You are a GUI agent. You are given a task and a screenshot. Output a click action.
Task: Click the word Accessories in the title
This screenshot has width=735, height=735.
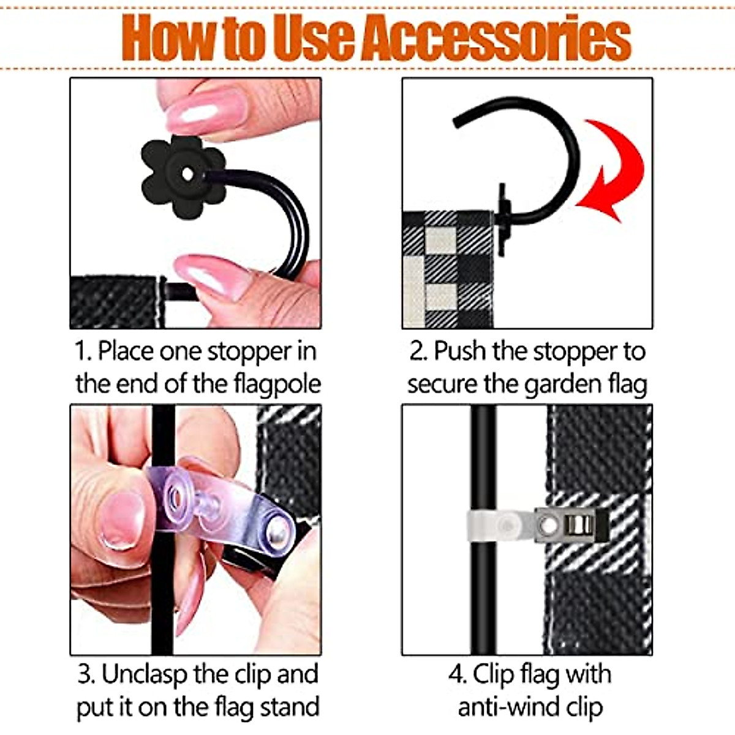click(x=496, y=38)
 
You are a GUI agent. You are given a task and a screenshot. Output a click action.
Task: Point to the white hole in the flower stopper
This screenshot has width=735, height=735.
click(x=187, y=175)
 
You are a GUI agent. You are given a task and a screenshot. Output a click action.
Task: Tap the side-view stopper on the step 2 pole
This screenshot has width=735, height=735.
click(x=503, y=219)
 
